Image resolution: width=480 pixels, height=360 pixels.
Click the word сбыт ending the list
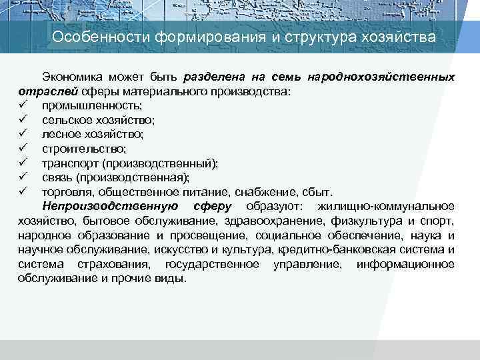(327, 191)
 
